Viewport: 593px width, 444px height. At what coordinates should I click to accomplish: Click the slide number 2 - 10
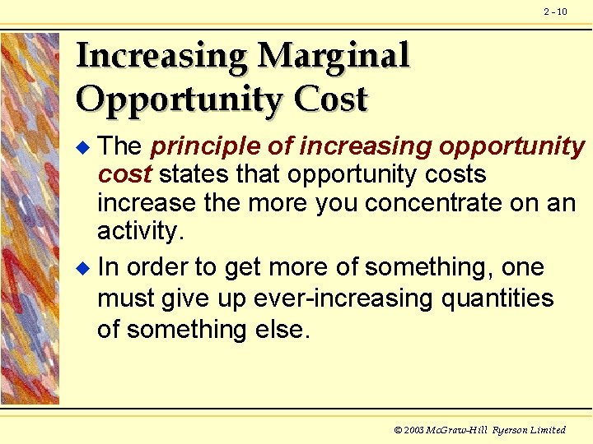(555, 12)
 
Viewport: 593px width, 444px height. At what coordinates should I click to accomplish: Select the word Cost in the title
(330, 99)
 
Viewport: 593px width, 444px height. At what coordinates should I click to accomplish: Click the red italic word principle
(207, 146)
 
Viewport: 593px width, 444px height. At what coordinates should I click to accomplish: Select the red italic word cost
(124, 174)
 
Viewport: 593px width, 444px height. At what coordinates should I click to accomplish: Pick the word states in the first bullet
(194, 174)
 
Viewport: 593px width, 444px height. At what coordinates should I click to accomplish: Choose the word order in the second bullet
(160, 267)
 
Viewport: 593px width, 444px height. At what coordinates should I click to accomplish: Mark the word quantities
(497, 298)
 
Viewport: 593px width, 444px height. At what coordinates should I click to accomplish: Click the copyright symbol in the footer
(399, 430)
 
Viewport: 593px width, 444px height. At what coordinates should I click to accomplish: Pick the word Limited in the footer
(548, 430)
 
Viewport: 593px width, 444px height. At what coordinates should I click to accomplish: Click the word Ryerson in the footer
(510, 430)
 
